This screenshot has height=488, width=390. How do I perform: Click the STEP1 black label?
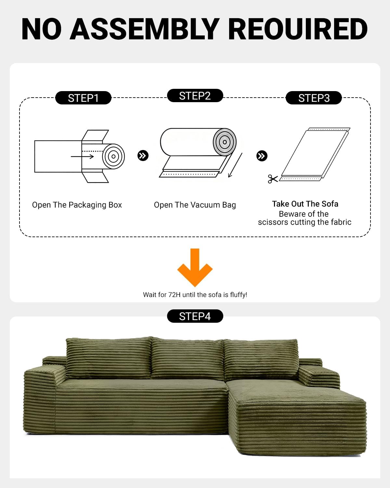tap(83, 98)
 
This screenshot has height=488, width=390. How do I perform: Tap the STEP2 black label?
tap(195, 95)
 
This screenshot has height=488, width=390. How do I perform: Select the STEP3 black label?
tap(314, 98)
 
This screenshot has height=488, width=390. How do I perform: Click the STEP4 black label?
tap(195, 316)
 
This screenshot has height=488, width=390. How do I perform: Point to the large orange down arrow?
tap(195, 267)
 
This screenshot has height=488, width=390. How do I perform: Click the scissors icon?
tap(273, 179)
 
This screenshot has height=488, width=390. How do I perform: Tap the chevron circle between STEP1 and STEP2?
tap(143, 156)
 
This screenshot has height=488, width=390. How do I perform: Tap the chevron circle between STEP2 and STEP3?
tap(262, 156)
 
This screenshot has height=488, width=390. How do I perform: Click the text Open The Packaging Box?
tap(77, 205)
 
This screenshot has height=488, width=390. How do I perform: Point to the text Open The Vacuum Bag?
tap(195, 205)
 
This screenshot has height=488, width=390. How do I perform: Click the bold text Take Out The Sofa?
tap(305, 204)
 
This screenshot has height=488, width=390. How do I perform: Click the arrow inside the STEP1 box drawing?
tap(82, 156)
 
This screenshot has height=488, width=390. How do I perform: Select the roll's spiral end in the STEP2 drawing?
tap(225, 142)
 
